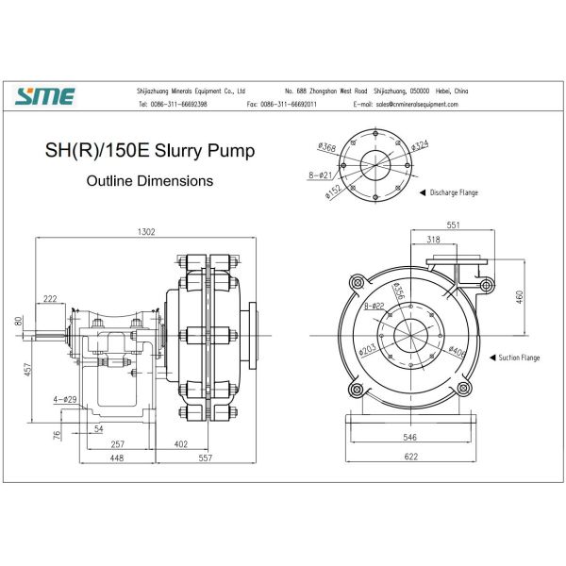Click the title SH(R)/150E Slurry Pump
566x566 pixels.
pos(150,151)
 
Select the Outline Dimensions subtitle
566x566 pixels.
pos(149,180)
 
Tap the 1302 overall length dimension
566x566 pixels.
pos(147,232)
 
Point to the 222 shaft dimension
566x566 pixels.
pos(50,298)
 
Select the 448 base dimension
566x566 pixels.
pos(116,458)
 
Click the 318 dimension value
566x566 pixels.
pos(433,241)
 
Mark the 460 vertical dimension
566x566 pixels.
pos(520,297)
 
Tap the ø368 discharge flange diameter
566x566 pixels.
pos(327,146)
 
